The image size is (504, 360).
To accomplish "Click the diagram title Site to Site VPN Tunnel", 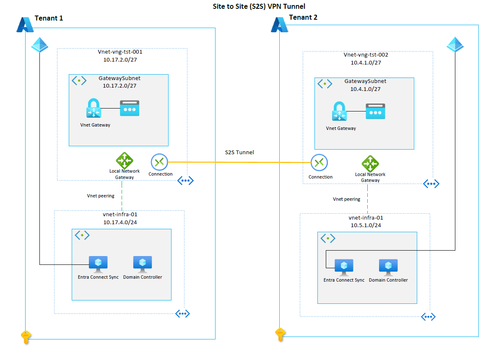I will pos(252,6).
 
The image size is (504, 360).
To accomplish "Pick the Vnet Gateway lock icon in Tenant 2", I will pos(338,112).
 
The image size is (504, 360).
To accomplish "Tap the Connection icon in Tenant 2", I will pos(319,163).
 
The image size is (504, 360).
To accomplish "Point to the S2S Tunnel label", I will pos(239,153).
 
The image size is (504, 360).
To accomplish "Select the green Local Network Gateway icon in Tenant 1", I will pos(124,161).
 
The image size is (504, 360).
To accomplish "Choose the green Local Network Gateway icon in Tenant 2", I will pos(370,163).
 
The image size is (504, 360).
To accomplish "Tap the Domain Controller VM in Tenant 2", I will pos(388,267).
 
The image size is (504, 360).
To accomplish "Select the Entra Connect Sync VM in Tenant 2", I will pos(344,267).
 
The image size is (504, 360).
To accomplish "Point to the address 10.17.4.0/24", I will pos(120,222).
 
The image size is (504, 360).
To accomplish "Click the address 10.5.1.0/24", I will pos(366,225).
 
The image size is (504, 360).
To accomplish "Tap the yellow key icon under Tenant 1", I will pos(26,337).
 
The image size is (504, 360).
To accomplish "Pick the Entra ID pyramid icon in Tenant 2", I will pos(455,44).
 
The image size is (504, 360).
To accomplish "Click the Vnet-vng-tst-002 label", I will pos(366,55).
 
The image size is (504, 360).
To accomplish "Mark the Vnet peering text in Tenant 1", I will pos(101,196).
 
